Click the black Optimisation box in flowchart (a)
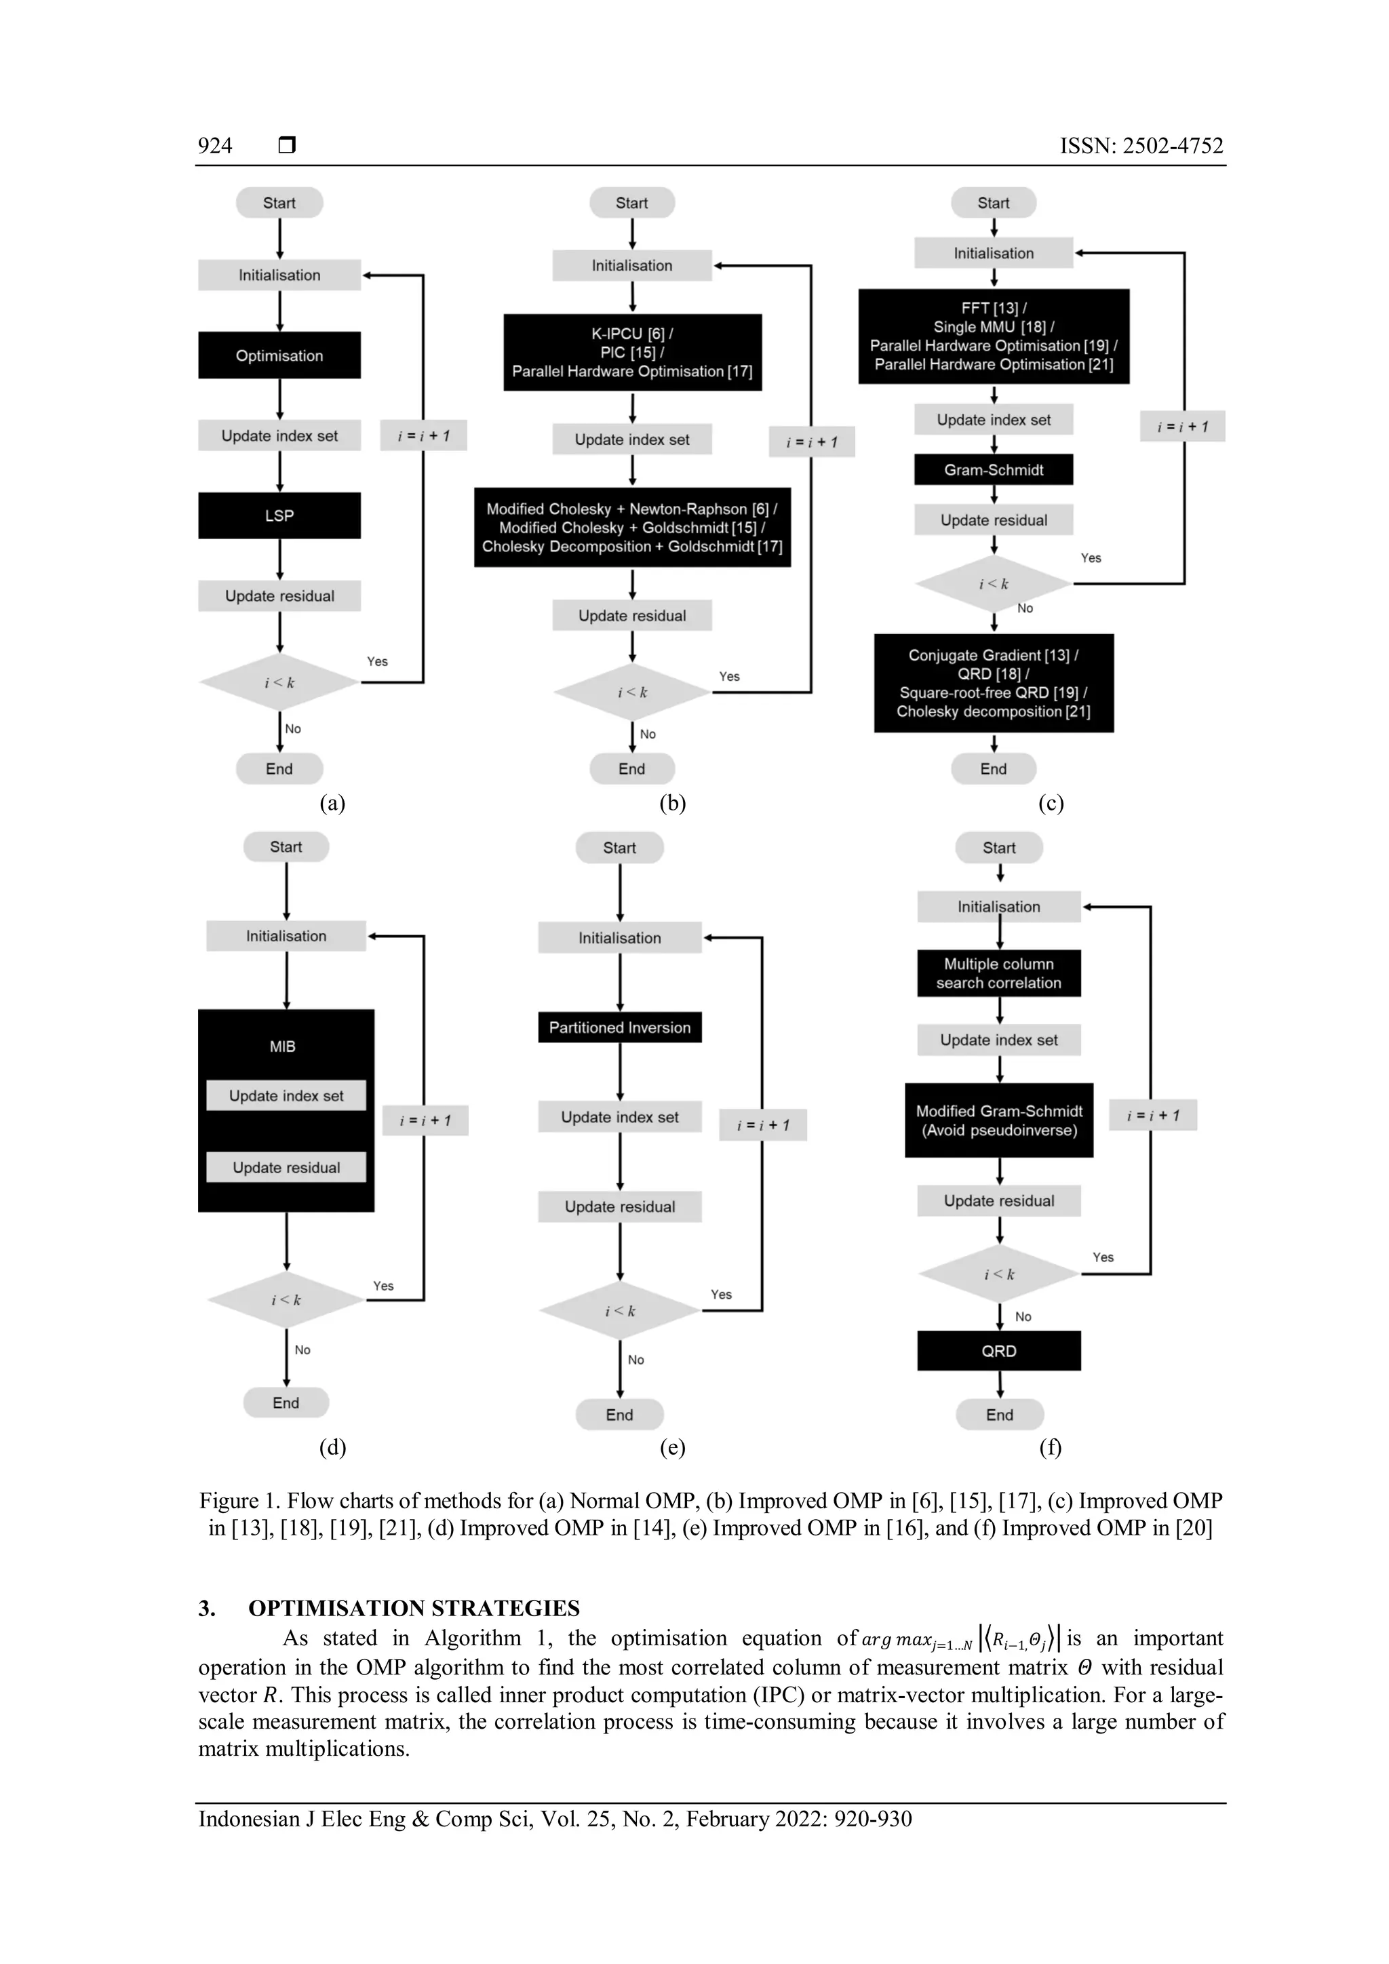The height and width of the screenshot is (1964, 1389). (x=279, y=355)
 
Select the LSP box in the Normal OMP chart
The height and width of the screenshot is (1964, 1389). (x=279, y=515)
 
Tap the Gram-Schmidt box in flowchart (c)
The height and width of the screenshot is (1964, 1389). (x=993, y=469)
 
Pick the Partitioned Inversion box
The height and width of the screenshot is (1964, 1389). (x=619, y=1027)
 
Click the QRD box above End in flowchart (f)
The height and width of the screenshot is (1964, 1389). (x=998, y=1351)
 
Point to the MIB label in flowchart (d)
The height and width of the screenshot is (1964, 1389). (x=282, y=1046)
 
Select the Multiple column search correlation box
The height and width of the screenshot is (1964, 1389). (x=998, y=973)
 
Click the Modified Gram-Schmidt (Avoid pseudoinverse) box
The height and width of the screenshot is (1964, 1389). (x=998, y=1120)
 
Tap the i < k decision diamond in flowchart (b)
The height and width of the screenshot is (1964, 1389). (x=632, y=692)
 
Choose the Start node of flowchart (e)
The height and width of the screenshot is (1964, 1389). (x=619, y=848)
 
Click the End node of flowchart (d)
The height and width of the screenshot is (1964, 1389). (x=286, y=1403)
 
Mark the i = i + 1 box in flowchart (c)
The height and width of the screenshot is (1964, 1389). (x=1182, y=427)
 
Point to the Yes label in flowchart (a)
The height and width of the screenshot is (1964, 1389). (x=377, y=661)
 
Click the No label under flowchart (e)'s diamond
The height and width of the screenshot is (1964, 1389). (x=635, y=1360)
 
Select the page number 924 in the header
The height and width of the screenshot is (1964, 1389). (x=215, y=145)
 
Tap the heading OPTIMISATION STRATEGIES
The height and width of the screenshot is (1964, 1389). (x=414, y=1608)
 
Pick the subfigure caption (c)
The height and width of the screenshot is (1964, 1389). (x=1051, y=802)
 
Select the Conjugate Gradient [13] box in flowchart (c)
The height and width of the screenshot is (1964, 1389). (x=993, y=683)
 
